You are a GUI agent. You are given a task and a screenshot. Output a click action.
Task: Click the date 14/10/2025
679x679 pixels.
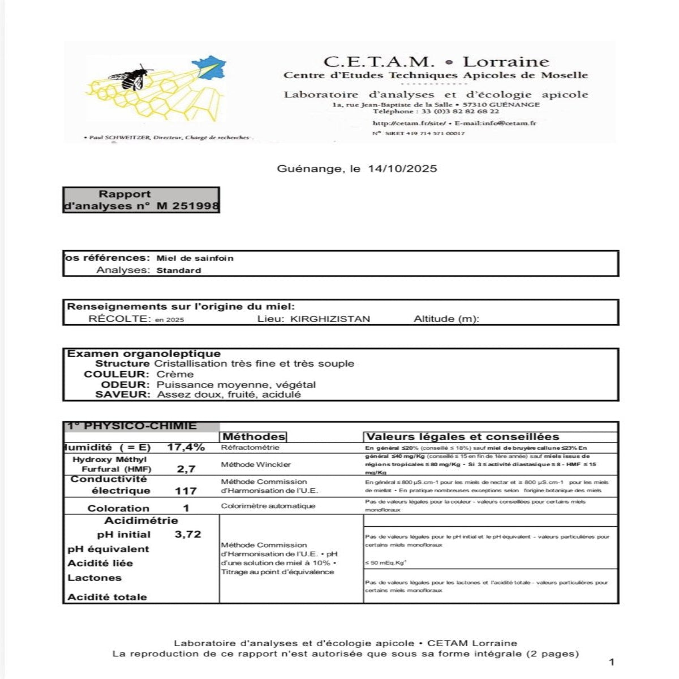(402, 169)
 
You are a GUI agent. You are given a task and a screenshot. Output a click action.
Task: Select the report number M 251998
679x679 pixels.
(187, 206)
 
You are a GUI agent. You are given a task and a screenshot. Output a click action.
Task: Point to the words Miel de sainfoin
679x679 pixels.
(195, 258)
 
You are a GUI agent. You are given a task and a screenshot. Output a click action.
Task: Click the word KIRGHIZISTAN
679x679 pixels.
(330, 319)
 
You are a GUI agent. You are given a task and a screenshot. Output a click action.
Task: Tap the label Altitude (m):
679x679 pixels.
(446, 319)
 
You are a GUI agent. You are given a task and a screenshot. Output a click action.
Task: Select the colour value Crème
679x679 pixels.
(175, 374)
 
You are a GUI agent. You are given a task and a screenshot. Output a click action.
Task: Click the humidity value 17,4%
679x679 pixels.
(186, 447)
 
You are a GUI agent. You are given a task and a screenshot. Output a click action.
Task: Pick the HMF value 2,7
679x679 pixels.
(186, 469)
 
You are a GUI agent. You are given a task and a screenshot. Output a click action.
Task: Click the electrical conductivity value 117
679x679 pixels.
(186, 491)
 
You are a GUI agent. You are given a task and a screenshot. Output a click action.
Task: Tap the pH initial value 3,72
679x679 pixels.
(188, 534)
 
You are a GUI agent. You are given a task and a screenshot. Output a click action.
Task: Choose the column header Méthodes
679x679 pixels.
(254, 437)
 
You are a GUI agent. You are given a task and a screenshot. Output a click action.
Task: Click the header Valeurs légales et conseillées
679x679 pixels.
(462, 437)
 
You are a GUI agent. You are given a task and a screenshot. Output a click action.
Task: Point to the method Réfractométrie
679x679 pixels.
(250, 448)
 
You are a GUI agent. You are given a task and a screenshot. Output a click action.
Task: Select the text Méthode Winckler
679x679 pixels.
(256, 465)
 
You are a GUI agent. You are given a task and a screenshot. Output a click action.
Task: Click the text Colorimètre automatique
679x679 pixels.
(268, 506)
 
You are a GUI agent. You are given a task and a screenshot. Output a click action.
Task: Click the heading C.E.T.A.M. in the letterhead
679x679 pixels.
(379, 62)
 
